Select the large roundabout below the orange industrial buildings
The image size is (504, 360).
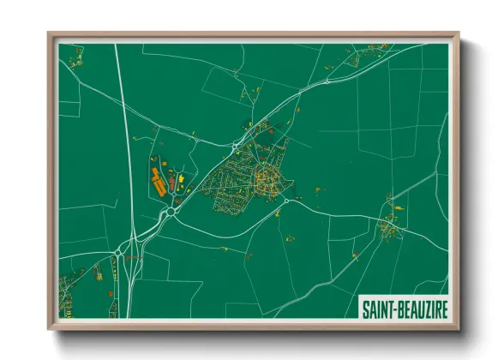point(171,211)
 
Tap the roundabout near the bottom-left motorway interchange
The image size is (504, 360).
point(117,251)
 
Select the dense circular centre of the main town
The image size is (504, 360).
point(265,179)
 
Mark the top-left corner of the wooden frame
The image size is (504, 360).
point(49,33)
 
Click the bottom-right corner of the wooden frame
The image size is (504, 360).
point(460,328)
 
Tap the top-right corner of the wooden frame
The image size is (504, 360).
point(460,33)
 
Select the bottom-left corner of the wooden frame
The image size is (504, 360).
point(49,328)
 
